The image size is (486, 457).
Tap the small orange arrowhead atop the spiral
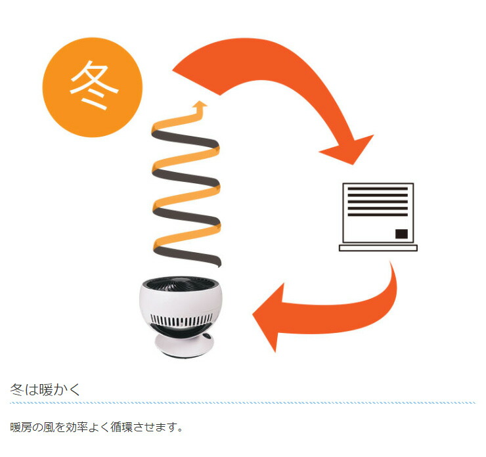click(200, 105)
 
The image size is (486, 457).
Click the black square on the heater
click(401, 234)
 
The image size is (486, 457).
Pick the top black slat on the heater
click(378, 188)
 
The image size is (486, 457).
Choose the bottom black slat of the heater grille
click(378, 214)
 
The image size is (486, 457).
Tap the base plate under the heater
click(378, 248)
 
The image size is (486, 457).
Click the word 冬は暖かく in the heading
click(45, 389)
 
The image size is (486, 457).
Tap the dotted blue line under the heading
click(242, 403)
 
